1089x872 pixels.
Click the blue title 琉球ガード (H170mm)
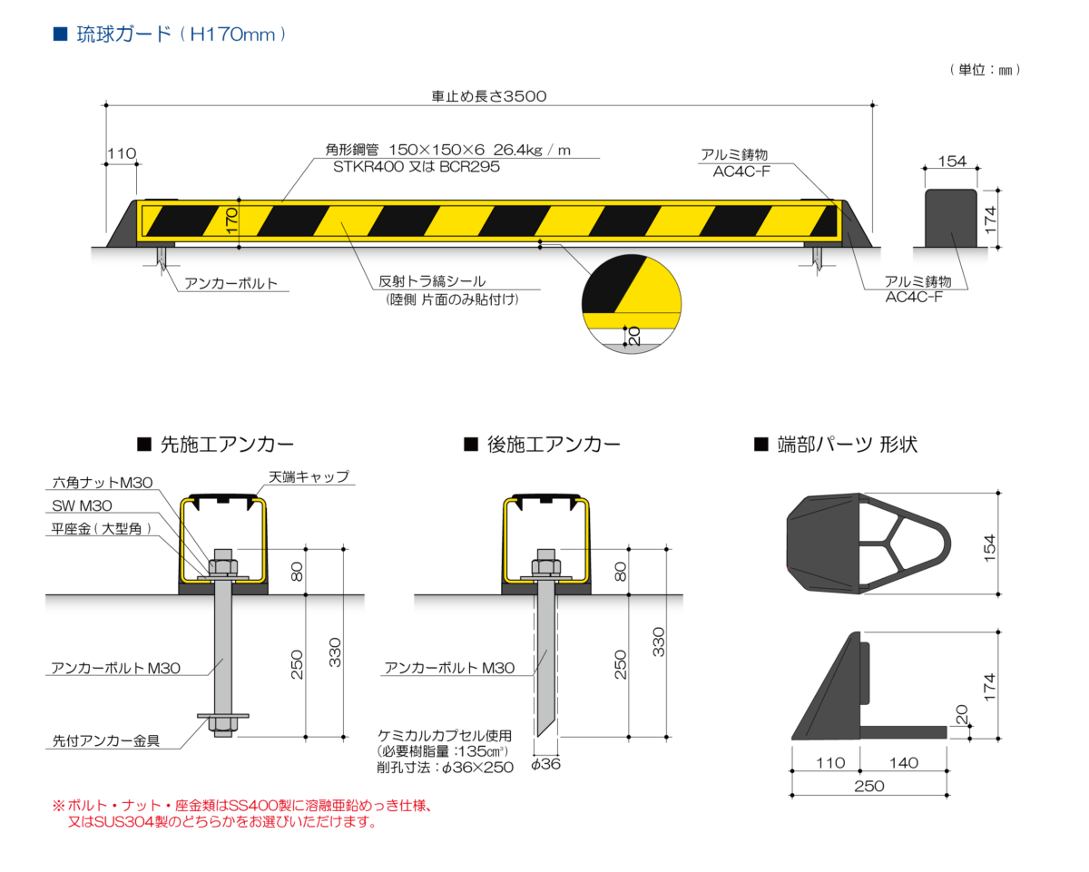tap(181, 35)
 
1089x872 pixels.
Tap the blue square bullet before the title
tap(60, 35)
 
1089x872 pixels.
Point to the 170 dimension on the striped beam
tap(232, 221)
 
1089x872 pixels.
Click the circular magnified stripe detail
tap(631, 302)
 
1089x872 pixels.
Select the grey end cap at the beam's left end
tap(122, 227)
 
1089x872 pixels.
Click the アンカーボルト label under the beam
tap(231, 284)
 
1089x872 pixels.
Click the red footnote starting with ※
tap(245, 814)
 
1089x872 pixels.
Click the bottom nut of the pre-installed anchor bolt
tap(221, 722)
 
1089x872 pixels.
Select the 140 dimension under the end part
tap(903, 763)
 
